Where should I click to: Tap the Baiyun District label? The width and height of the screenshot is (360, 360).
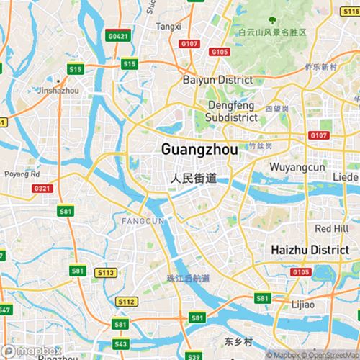point(218,80)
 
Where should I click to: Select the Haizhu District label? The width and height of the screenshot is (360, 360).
point(309,249)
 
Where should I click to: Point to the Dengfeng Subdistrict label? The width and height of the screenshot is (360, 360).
point(230,111)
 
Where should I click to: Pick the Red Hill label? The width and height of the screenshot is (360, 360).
point(332,228)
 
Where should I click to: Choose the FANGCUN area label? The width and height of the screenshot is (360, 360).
point(143,220)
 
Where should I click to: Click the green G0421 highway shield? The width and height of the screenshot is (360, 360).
point(117,36)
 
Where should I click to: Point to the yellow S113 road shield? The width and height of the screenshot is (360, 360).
point(106,273)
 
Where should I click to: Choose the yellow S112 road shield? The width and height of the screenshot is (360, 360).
point(127,301)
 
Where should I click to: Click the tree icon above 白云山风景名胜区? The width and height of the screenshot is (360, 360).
point(271,21)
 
